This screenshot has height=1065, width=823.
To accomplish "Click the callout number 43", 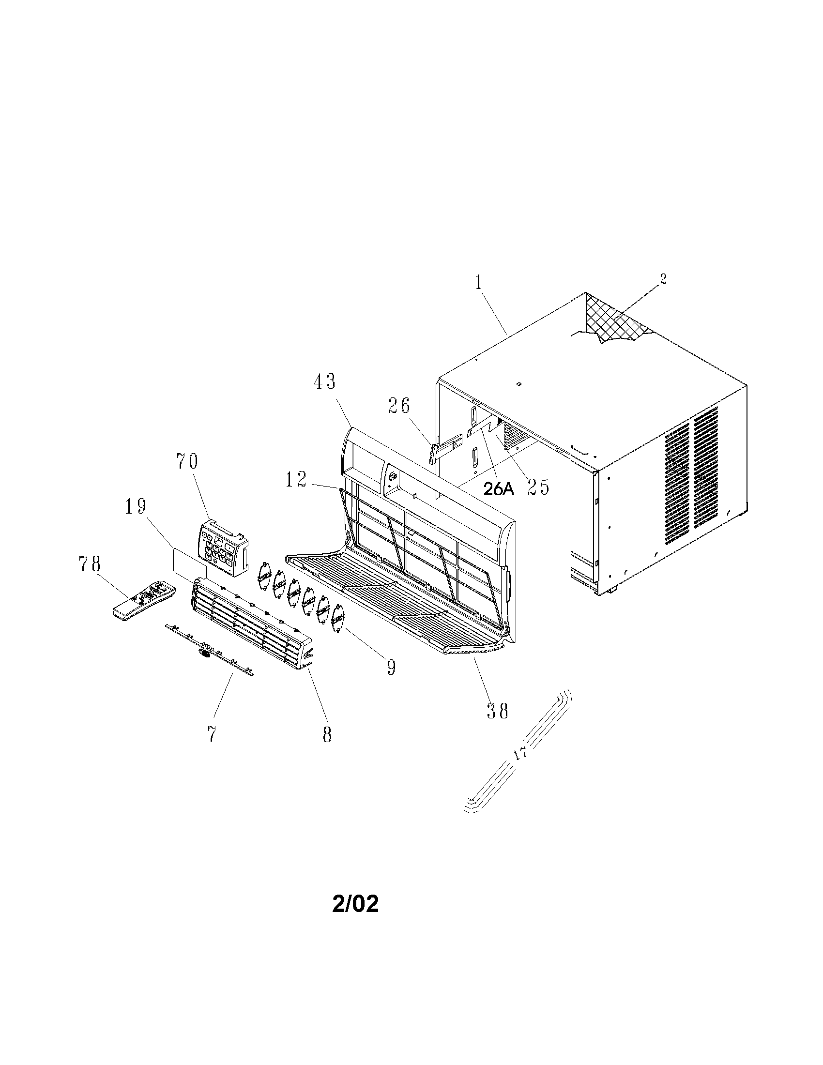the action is [324, 381].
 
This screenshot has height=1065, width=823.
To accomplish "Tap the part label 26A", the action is [499, 489].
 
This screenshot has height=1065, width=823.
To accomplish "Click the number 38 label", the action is [498, 712].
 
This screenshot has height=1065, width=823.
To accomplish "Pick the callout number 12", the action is [296, 480].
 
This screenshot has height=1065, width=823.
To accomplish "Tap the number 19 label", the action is [135, 507].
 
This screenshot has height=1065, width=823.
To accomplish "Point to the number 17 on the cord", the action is [521, 753].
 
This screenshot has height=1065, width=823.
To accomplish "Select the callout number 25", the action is [538, 487].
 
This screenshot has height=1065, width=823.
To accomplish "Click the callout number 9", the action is [391, 667].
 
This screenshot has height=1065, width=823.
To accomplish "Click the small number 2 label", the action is [663, 279].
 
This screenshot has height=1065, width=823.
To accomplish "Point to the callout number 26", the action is [399, 406].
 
